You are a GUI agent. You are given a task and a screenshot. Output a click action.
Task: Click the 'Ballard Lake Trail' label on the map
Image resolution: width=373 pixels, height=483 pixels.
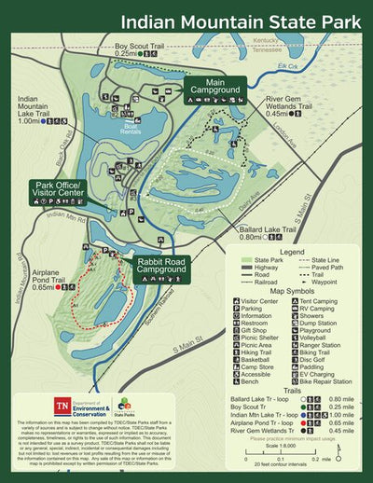[267, 231]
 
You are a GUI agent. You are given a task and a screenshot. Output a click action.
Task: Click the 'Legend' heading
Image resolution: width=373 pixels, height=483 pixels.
[292, 252]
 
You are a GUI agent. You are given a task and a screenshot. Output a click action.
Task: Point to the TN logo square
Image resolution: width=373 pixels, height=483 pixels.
[62, 407]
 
